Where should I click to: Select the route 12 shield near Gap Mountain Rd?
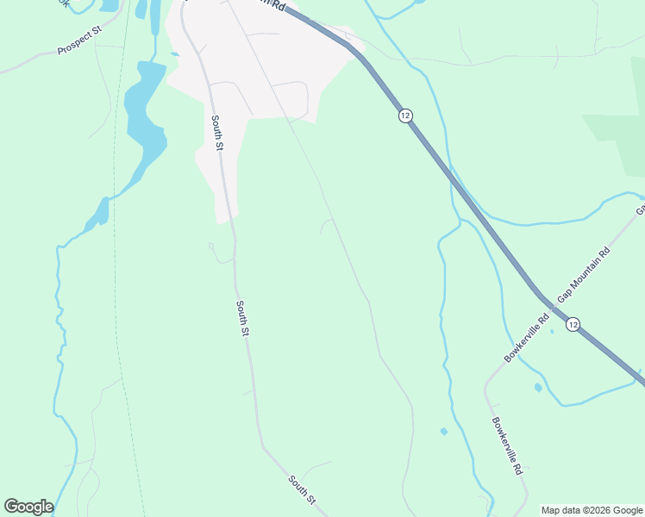pyautogui.click(x=573, y=324)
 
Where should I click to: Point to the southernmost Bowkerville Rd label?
pyautogui.click(x=510, y=449)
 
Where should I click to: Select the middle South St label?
pyautogui.click(x=243, y=317)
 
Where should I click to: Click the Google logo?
pyautogui.click(x=28, y=506)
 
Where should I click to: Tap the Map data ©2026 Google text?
pyautogui.click(x=592, y=510)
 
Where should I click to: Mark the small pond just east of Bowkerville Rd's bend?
pyautogui.click(x=538, y=388)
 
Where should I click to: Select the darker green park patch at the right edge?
pyautogui.click(x=621, y=138)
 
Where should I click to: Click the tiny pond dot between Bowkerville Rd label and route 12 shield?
pyautogui.click(x=552, y=331)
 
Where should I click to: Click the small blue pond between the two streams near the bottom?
pyautogui.click(x=443, y=431)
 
